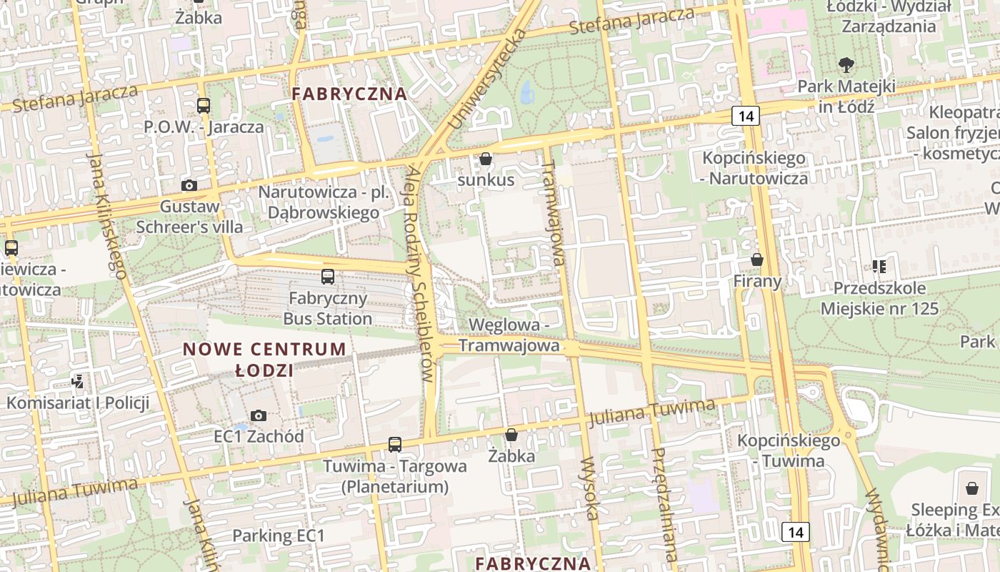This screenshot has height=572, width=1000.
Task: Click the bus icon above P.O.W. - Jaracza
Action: click(204, 106)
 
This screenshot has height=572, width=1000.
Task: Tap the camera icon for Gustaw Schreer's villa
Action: click(189, 186)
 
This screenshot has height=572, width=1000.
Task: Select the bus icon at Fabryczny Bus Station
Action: click(328, 276)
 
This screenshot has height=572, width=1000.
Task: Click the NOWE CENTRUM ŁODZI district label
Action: click(264, 360)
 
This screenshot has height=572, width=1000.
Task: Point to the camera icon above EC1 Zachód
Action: click(259, 415)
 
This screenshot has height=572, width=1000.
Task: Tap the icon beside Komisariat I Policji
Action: click(78, 382)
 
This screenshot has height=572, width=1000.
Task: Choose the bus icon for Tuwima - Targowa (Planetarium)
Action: click(395, 444)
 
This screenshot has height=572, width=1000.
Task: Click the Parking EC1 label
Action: click(279, 536)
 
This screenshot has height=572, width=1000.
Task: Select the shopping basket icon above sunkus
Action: click(486, 159)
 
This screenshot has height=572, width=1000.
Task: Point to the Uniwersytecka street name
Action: click(487, 80)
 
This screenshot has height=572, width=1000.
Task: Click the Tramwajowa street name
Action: click(554, 212)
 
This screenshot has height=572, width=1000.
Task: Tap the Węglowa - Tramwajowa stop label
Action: click(509, 335)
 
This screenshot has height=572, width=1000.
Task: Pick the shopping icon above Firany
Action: click(757, 260)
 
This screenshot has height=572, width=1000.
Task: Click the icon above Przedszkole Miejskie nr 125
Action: click(879, 267)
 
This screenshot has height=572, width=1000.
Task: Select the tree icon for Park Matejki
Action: click(846, 65)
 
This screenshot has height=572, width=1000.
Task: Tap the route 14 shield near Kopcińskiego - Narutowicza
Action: click(745, 116)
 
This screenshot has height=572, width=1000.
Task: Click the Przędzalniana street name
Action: click(664, 504)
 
